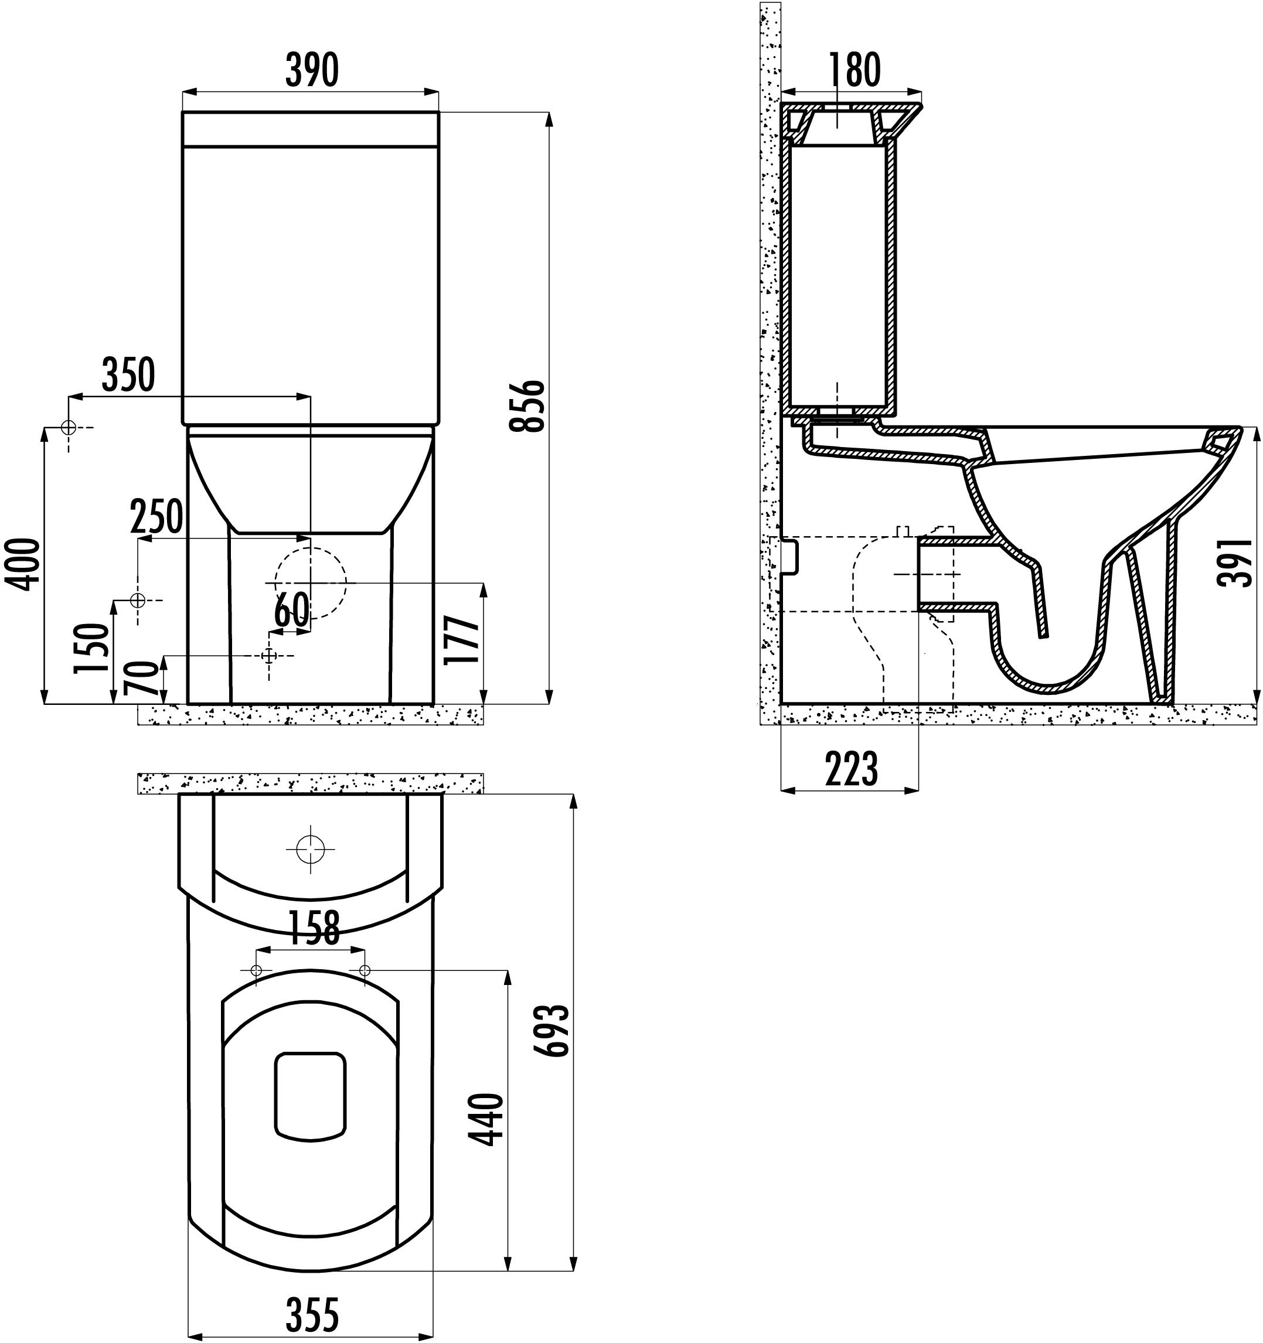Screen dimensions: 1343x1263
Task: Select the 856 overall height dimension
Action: click(526, 406)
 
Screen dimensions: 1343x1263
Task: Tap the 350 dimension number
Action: click(128, 375)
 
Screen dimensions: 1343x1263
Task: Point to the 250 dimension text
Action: click(156, 517)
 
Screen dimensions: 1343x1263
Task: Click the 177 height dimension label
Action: click(464, 640)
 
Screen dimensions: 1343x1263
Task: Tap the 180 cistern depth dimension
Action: click(854, 69)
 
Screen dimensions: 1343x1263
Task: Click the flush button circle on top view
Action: click(311, 848)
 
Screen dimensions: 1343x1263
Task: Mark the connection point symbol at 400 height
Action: click(68, 428)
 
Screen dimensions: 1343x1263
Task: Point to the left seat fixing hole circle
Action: click(256, 971)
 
